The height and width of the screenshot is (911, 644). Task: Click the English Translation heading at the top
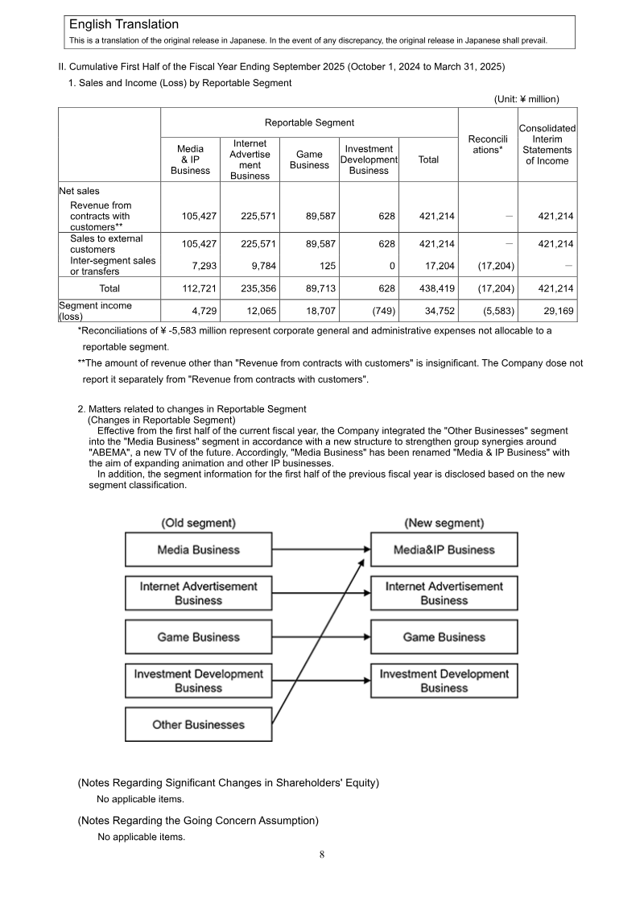tap(124, 25)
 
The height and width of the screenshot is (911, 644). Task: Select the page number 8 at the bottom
tap(322, 855)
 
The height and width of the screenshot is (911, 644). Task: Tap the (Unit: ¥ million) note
tap(526, 99)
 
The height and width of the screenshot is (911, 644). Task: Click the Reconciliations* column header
tap(487, 144)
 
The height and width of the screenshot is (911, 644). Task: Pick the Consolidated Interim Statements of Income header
tap(547, 144)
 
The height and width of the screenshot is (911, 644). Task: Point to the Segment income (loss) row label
tap(95, 311)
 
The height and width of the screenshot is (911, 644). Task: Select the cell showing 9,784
tap(258, 266)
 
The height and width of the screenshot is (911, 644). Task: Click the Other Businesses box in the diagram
tap(198, 724)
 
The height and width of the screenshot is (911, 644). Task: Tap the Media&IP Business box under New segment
tap(444, 549)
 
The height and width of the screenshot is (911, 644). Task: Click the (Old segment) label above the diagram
tap(198, 523)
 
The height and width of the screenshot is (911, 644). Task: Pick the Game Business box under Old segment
tap(198, 637)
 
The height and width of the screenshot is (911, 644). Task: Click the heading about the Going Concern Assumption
tap(198, 821)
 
